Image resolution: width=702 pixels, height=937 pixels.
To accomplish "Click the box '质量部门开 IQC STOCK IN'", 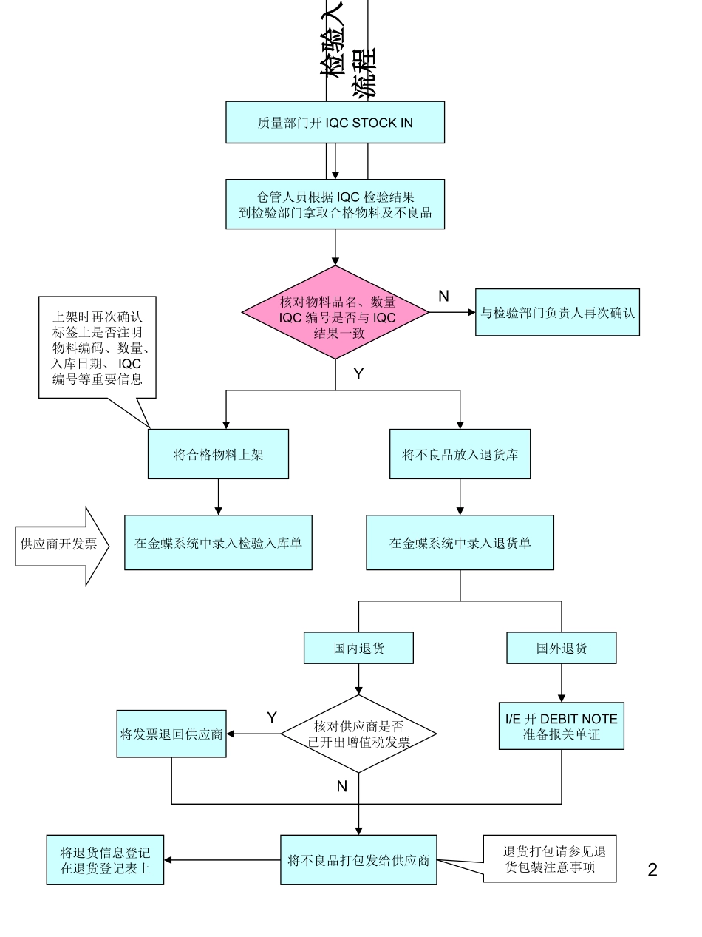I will [335, 122].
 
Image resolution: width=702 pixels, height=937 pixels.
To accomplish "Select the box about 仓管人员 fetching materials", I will [335, 204].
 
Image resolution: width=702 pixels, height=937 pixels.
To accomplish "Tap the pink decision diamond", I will [336, 313].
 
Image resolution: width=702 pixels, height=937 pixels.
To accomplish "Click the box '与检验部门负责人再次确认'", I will [557, 312].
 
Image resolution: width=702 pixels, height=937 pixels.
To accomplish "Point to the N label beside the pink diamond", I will [443, 296].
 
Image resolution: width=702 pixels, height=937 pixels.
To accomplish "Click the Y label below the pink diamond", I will [358, 374].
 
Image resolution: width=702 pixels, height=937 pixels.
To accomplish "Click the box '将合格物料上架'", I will [218, 454].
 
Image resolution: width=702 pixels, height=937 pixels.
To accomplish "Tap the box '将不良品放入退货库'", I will [460, 454].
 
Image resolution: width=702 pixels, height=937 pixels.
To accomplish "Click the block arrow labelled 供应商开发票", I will [61, 545].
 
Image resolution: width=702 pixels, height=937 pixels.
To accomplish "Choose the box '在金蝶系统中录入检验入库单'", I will [218, 543].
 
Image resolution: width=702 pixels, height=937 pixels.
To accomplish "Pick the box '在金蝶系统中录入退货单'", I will [460, 543].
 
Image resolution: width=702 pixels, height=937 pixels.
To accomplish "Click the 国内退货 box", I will [358, 648].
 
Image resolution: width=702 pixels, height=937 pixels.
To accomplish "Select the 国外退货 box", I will [562, 648].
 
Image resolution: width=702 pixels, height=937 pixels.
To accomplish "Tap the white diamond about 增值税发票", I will [358, 734].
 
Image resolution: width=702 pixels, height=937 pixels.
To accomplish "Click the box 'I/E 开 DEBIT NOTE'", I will [562, 725].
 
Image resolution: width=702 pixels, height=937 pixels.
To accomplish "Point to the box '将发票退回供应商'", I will [171, 734].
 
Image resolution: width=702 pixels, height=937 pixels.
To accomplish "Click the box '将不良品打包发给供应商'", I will [358, 859].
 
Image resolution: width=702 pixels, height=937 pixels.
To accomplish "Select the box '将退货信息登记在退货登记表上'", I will [105, 859].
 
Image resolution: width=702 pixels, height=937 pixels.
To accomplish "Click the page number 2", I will [652, 870].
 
